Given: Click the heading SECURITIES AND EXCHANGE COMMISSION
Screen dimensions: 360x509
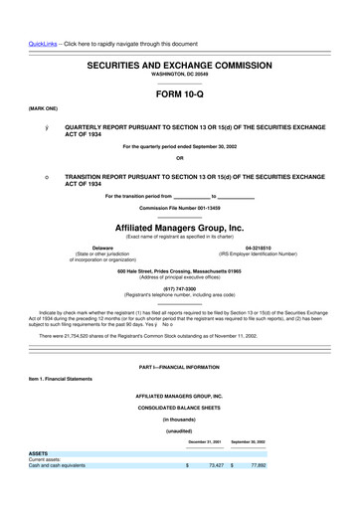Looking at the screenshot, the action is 179,63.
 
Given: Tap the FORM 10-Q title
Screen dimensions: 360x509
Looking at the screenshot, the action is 179,95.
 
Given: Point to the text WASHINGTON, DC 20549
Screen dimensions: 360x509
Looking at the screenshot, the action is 180,74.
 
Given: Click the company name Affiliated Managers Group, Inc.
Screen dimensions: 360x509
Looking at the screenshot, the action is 180,227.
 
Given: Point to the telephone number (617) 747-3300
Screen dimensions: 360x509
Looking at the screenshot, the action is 180,288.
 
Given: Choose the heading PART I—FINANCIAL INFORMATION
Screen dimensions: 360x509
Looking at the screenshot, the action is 180,368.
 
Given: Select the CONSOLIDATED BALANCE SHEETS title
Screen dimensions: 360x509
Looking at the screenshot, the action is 180,409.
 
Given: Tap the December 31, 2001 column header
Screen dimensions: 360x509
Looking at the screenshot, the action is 204,440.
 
